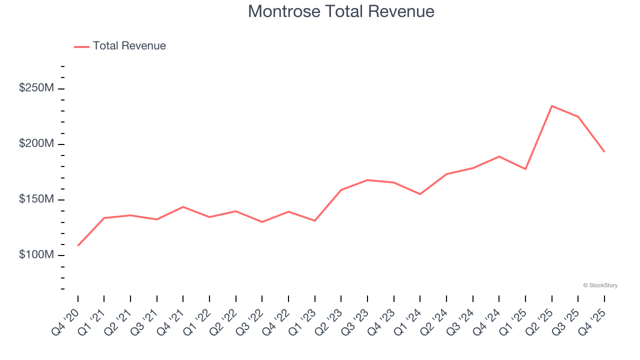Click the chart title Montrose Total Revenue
tap(341, 11)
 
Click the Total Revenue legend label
tap(129, 46)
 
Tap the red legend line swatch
tap(81, 46)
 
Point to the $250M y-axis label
tap(36, 88)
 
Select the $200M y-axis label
tap(36, 143)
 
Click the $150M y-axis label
tap(36, 199)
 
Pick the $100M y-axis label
tap(36, 254)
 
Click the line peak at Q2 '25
tap(551, 106)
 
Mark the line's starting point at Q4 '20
tap(78, 245)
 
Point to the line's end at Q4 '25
tap(604, 151)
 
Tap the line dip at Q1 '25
tap(525, 169)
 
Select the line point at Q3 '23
tap(367, 180)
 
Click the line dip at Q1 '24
tap(420, 194)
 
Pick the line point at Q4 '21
tap(183, 207)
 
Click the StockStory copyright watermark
tap(600, 285)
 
